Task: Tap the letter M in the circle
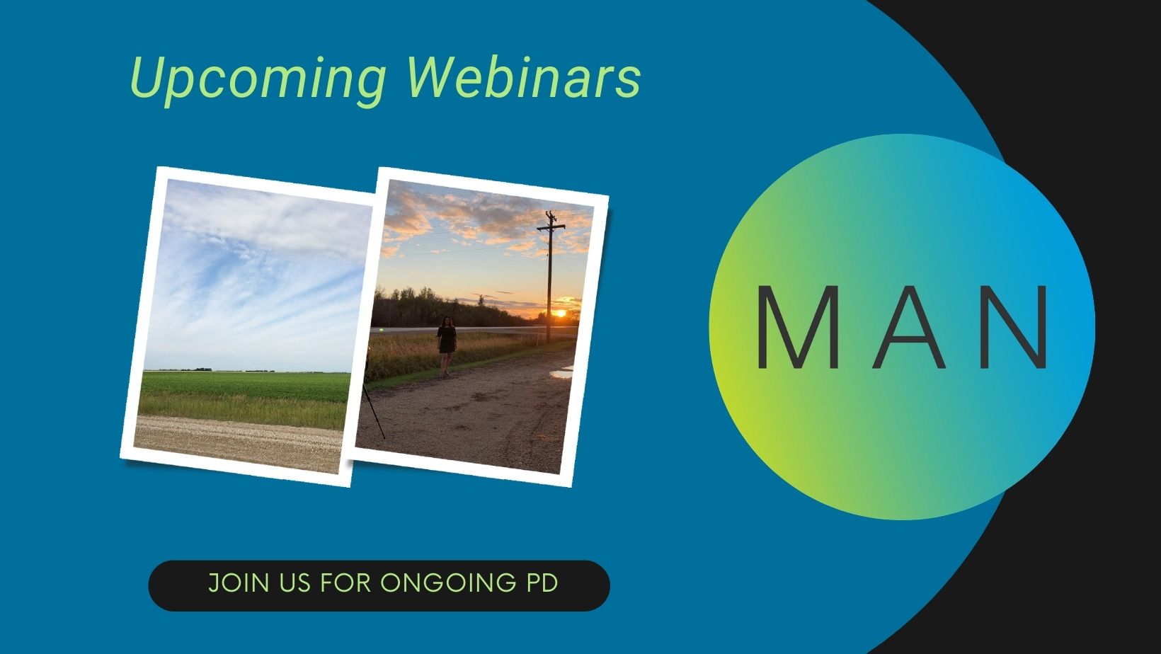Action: click(798, 327)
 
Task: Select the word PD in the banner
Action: click(542, 583)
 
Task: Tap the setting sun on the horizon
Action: click(559, 313)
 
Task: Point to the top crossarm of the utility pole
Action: click(551, 227)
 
